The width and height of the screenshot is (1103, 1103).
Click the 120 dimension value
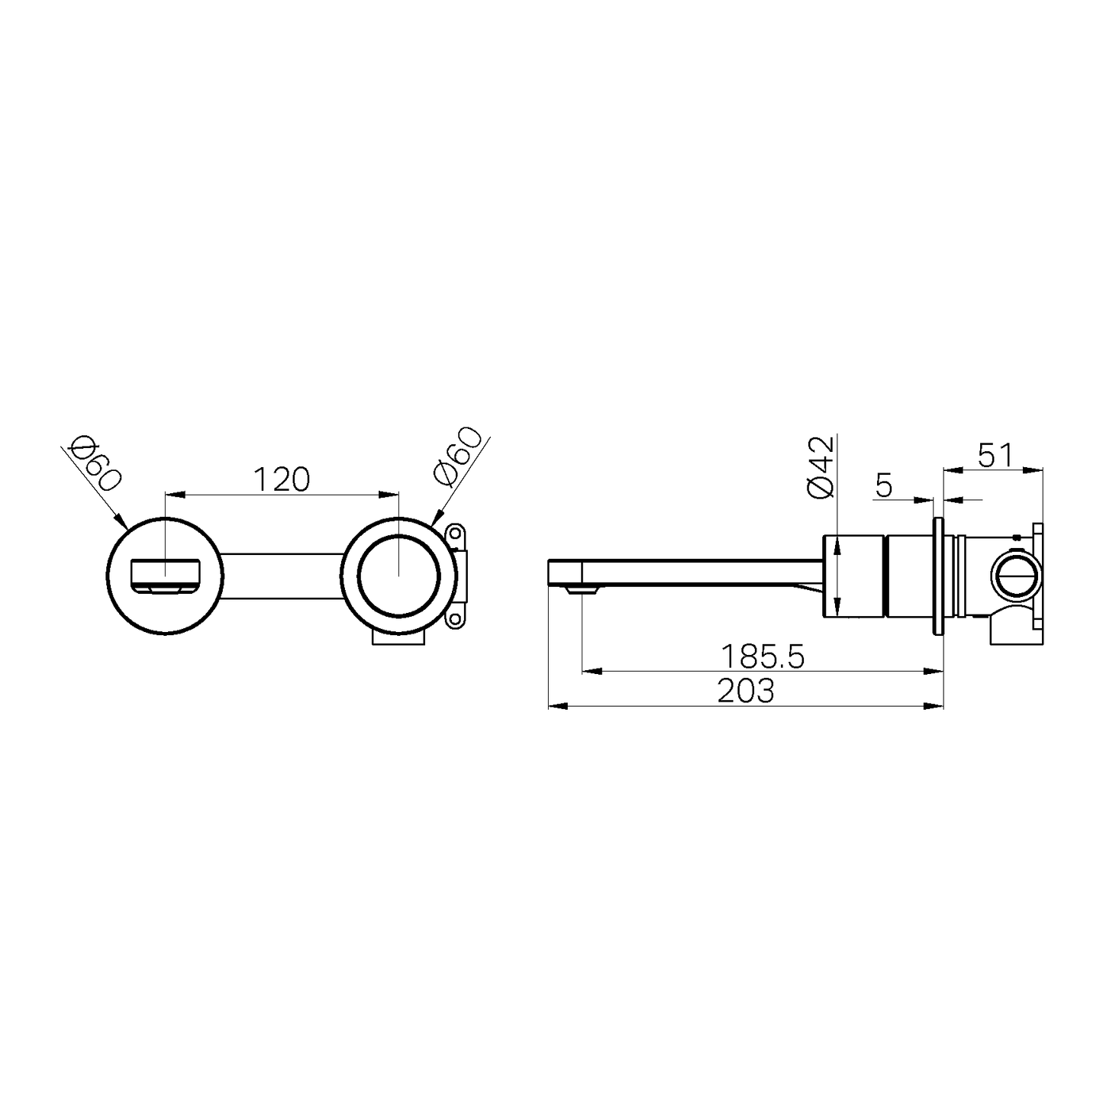[282, 479]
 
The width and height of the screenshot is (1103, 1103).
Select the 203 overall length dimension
[746, 691]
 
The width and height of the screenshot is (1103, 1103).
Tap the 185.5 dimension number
[763, 656]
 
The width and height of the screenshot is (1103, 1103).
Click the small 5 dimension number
[883, 485]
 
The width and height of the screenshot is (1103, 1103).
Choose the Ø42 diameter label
[819, 466]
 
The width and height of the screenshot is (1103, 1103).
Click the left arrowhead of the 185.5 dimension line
[589, 672]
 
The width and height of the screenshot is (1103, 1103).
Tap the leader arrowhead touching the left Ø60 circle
[122, 524]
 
